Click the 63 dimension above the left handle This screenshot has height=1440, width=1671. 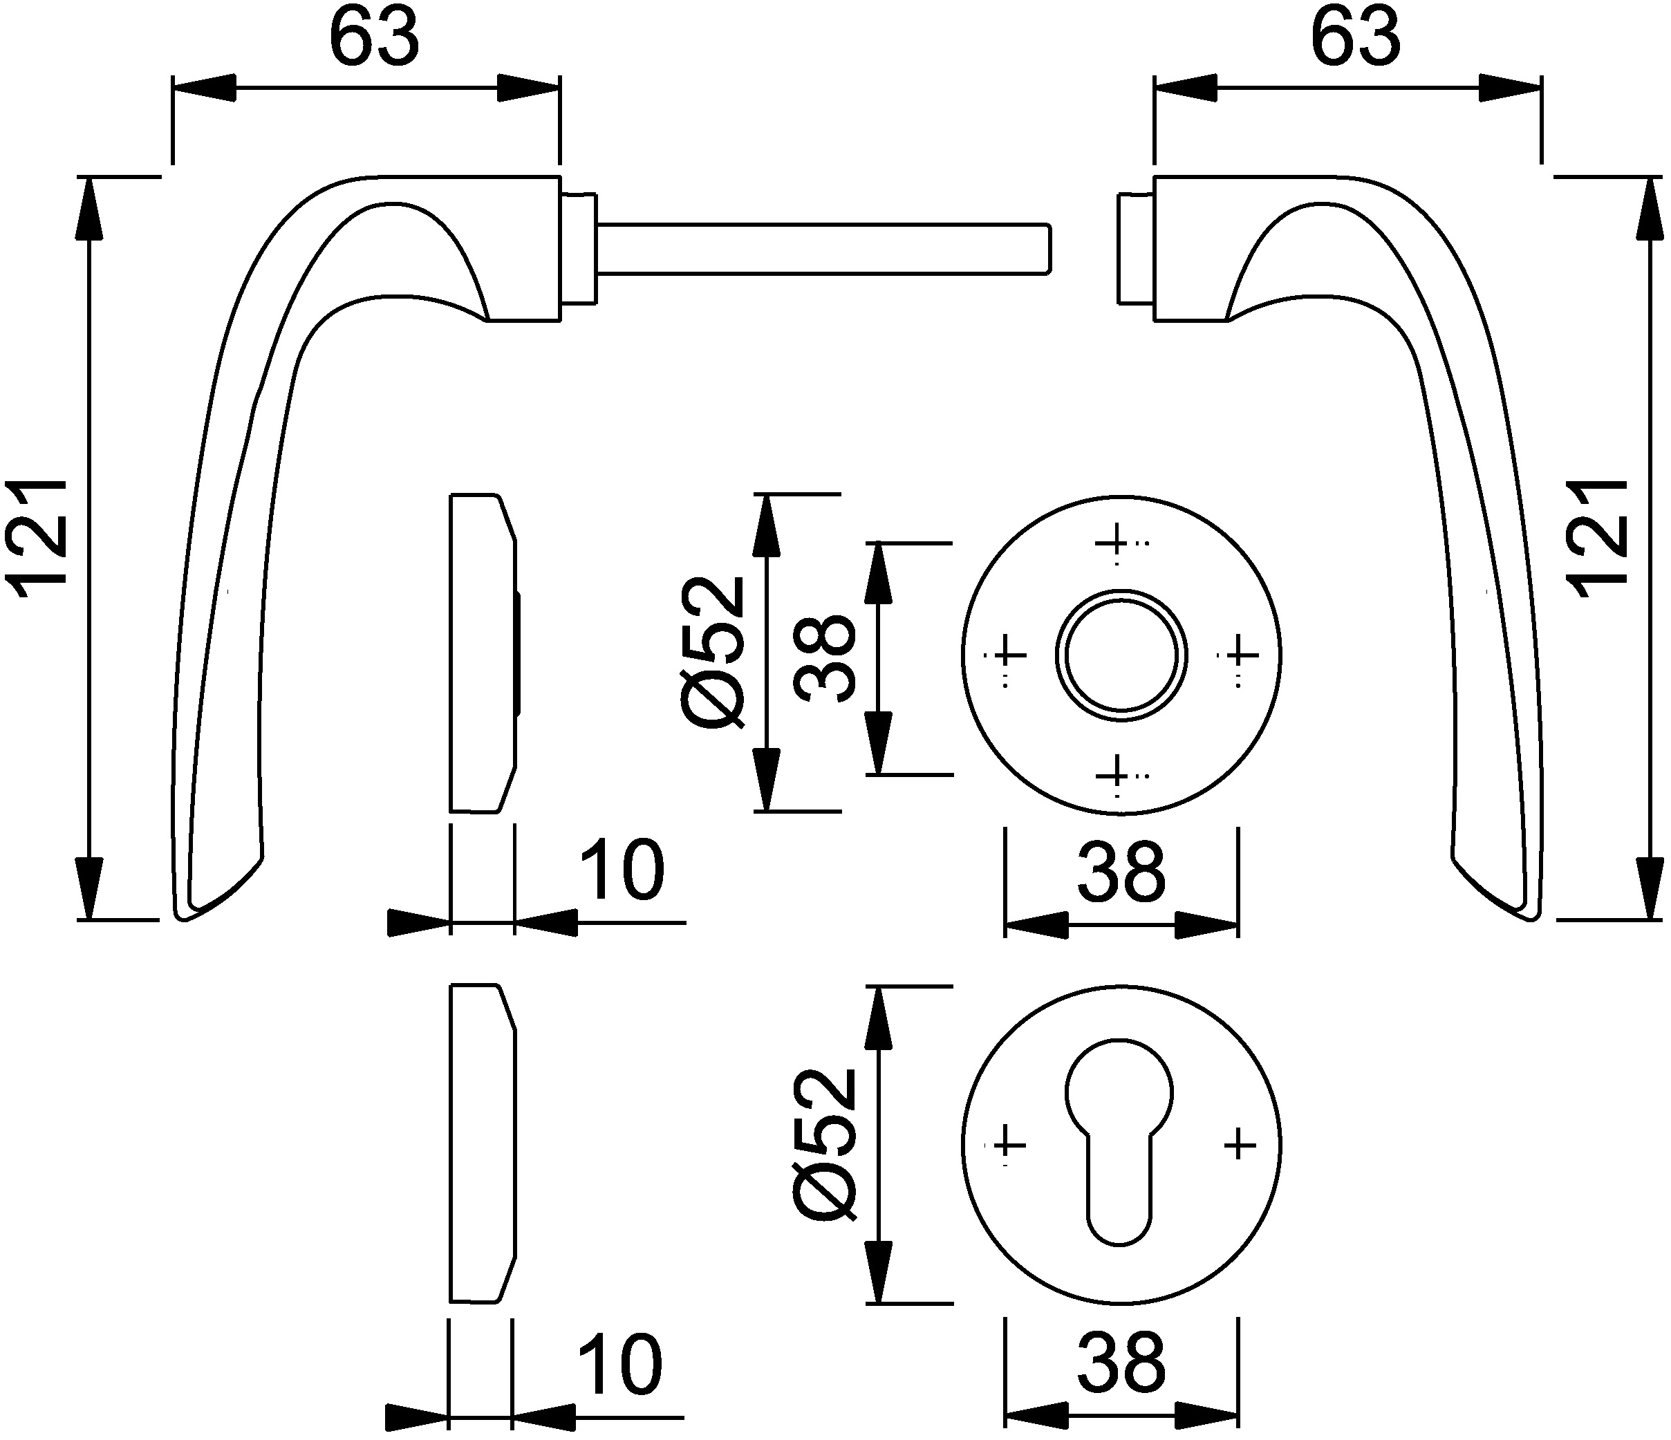click(375, 39)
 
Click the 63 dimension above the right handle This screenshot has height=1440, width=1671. click(1356, 39)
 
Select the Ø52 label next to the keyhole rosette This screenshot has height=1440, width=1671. click(823, 1145)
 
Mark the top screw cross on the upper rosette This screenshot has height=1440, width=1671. click(1117, 542)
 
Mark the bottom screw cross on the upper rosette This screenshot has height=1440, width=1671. click(1117, 775)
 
